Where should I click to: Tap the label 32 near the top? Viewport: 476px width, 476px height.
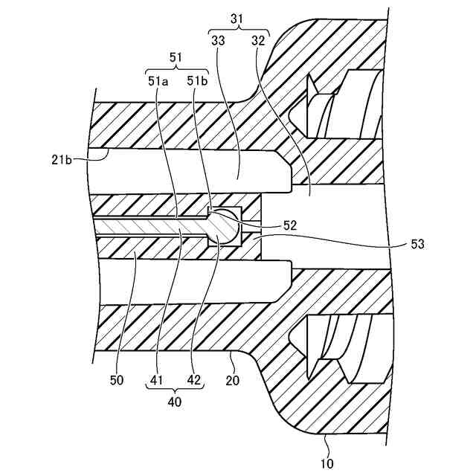(x=258, y=42)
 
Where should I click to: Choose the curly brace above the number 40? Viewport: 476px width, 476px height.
(x=176, y=391)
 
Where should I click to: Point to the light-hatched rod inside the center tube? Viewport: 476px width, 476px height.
(x=149, y=227)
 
